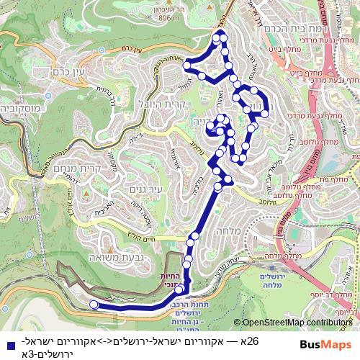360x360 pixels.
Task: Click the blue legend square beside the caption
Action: [7, 345]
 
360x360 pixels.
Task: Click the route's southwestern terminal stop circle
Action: [93, 305]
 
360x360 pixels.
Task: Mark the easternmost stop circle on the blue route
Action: [265, 113]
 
